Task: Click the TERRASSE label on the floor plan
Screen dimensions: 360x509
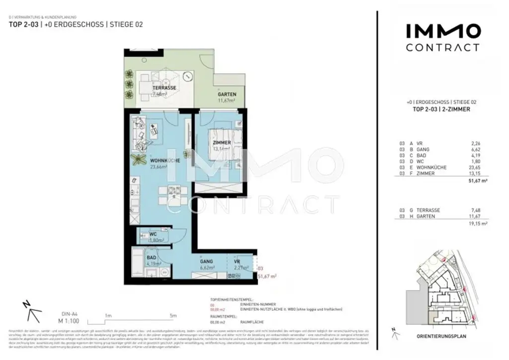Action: [x=165, y=88]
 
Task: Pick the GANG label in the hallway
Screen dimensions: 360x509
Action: [x=207, y=261]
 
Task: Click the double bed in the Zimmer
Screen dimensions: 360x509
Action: [x=225, y=144]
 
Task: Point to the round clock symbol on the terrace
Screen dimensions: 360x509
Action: [x=187, y=77]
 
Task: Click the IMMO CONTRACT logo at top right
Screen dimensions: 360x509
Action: [x=443, y=38]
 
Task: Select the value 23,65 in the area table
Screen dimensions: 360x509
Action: [x=475, y=168]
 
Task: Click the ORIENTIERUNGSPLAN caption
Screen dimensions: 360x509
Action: [x=441, y=337]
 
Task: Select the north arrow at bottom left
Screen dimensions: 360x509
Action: [x=33, y=312]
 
